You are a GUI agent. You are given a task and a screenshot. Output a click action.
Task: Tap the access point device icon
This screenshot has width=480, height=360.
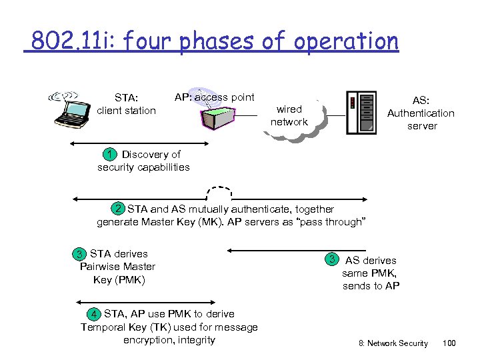(216, 114)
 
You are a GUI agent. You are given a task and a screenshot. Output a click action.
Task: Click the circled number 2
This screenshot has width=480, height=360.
(118, 209)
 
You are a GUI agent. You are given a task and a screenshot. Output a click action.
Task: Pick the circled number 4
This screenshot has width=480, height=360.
(95, 314)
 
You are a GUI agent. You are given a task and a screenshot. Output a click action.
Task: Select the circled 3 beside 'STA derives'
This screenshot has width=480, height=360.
(79, 254)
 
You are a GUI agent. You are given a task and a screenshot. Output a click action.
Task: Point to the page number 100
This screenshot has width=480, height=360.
(449, 343)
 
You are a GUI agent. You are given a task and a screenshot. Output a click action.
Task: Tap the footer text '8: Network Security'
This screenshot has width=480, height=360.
(393, 343)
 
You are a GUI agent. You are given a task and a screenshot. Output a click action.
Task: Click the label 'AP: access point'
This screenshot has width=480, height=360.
(214, 97)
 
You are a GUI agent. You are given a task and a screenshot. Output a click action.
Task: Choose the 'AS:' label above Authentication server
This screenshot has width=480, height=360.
(421, 101)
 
